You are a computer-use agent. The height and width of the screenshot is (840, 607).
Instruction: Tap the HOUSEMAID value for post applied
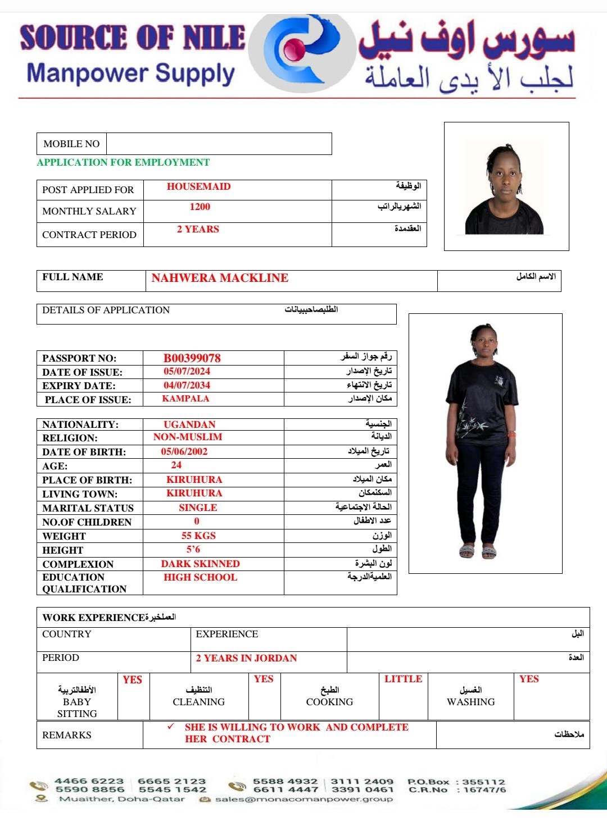(x=198, y=187)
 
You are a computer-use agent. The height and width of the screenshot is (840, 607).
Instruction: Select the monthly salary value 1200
(x=200, y=207)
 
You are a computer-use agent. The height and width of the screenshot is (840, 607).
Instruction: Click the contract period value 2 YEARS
(x=198, y=229)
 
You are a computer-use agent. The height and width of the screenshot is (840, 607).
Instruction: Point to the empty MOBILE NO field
(x=219, y=144)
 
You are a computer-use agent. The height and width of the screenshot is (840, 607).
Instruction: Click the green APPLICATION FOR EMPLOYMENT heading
(x=123, y=163)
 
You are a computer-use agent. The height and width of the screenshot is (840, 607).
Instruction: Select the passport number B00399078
(x=192, y=358)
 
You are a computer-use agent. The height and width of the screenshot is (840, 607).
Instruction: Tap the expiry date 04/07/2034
(x=187, y=386)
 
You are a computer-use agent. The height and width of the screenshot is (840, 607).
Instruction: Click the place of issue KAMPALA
(x=185, y=399)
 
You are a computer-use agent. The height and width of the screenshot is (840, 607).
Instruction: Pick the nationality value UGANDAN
(x=189, y=424)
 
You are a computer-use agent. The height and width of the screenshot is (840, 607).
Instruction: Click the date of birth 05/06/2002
(x=184, y=451)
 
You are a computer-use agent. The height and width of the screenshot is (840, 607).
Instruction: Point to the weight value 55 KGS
(x=198, y=536)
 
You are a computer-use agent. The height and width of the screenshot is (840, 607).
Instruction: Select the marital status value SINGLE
(x=198, y=508)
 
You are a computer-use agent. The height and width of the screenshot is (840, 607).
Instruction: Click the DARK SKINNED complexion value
(x=200, y=564)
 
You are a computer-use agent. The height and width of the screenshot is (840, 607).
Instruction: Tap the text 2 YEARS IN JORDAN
(x=246, y=658)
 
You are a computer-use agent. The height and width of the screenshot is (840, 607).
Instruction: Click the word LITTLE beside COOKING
(x=403, y=679)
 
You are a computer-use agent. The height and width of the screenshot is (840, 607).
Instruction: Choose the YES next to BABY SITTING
(x=132, y=680)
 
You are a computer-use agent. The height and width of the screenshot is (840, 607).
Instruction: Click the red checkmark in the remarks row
(x=171, y=727)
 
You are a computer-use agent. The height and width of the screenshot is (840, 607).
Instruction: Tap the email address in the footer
(x=303, y=799)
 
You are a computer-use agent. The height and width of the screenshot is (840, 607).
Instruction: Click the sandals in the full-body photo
(x=478, y=551)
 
